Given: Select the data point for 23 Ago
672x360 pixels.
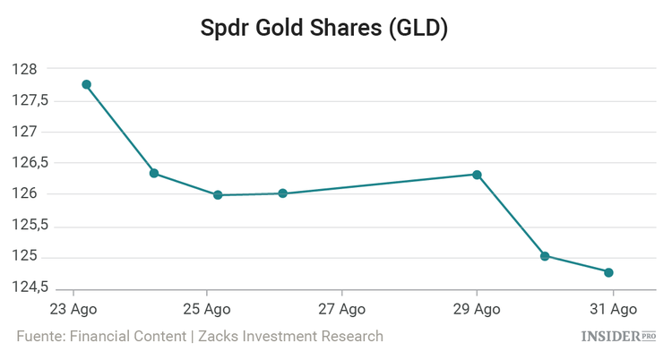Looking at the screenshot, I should [x=87, y=84].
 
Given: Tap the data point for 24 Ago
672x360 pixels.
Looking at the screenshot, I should [x=154, y=173].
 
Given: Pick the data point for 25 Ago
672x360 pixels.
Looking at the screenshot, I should [x=218, y=194].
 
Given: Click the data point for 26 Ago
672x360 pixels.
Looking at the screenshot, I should [x=282, y=193].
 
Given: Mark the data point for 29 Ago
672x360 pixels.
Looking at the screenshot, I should [x=478, y=175].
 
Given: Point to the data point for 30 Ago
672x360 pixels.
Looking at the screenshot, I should [x=545, y=256].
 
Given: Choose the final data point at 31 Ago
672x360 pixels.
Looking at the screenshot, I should [x=608, y=272].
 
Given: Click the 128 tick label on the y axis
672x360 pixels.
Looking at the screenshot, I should [x=24, y=69].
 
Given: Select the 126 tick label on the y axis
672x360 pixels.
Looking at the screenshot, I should [x=24, y=194].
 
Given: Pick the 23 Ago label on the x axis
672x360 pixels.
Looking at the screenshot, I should [x=73, y=309].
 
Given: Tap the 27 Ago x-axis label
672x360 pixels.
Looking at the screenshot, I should [x=342, y=309].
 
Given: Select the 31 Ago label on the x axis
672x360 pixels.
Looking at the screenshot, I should [x=613, y=309].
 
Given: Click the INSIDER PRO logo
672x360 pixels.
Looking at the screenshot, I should [x=619, y=337].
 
